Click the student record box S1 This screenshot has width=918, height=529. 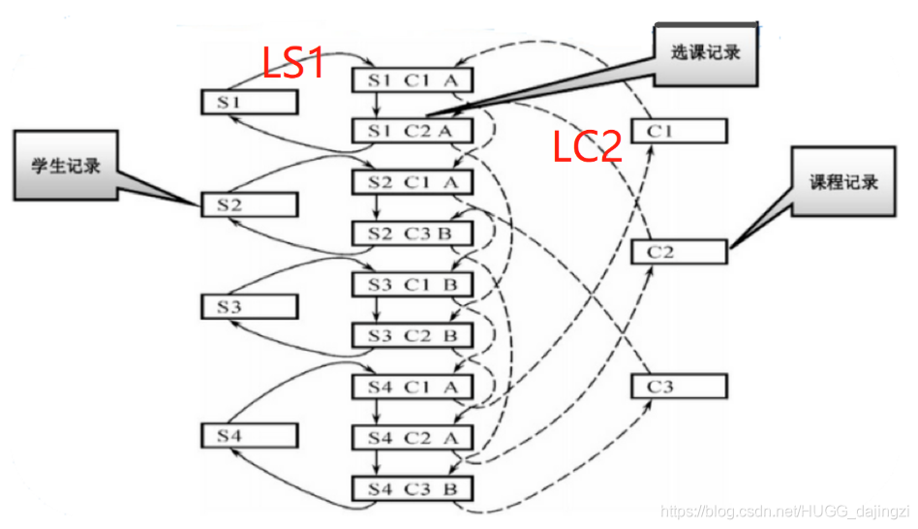(x=249, y=102)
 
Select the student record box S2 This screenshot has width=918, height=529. (x=249, y=204)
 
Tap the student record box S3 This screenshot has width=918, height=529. (x=249, y=307)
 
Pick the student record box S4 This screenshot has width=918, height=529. (x=249, y=435)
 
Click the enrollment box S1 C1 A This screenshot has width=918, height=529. (x=412, y=79)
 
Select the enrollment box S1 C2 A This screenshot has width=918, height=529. (x=412, y=130)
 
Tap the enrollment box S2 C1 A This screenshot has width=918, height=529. (x=412, y=181)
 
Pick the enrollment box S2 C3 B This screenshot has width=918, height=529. (x=412, y=233)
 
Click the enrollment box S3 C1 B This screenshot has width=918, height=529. (x=412, y=284)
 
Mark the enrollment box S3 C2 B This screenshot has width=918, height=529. (x=412, y=335)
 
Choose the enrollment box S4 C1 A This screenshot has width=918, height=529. (x=412, y=387)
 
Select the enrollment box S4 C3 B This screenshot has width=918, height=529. (x=412, y=488)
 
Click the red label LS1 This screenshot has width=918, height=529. (x=293, y=64)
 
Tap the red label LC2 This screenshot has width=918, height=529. (x=587, y=146)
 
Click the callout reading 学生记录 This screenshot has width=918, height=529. (x=66, y=165)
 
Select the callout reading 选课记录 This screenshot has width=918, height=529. (x=705, y=54)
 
